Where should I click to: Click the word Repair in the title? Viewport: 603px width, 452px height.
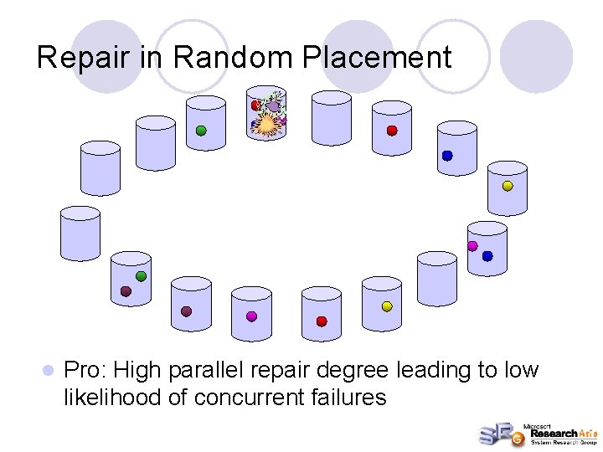tap(80, 57)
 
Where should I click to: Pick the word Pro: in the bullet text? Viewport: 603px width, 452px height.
tap(85, 370)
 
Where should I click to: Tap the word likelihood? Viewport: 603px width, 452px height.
tap(112, 397)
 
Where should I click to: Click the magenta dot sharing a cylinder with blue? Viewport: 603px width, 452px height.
tap(472, 246)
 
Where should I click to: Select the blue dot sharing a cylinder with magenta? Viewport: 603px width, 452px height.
tap(487, 256)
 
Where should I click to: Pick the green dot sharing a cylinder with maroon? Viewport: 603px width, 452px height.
tap(142, 276)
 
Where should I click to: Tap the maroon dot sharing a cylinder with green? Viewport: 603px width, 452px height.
tap(126, 291)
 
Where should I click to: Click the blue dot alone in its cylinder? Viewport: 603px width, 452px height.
tap(447, 156)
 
